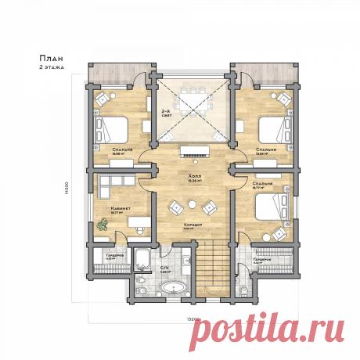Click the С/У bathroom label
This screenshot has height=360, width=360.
coord(164,267)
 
